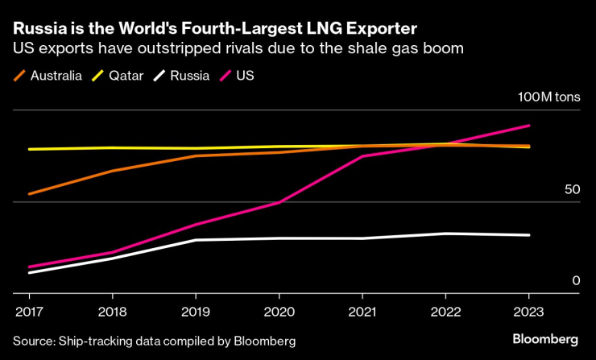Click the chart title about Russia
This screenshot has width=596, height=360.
coord(215,29)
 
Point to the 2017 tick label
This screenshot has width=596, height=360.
coord(28,310)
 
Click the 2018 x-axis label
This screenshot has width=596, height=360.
coord(112,310)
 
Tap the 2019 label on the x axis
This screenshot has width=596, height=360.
coord(195,310)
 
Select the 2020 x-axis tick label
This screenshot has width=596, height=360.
coord(279,310)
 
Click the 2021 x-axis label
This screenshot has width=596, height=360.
coord(362,310)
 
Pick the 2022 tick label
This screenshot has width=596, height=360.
coord(445,310)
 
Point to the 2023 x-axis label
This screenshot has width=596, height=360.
coord(528,310)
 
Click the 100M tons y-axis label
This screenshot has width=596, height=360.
coord(548,97)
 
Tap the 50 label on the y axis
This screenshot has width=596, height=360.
coord(572,189)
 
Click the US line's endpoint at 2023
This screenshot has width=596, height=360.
coord(528,126)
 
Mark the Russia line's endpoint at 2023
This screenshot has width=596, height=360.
coord(528,235)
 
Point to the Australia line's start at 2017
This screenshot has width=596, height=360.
coord(28,194)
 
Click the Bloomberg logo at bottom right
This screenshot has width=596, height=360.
coord(545,338)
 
